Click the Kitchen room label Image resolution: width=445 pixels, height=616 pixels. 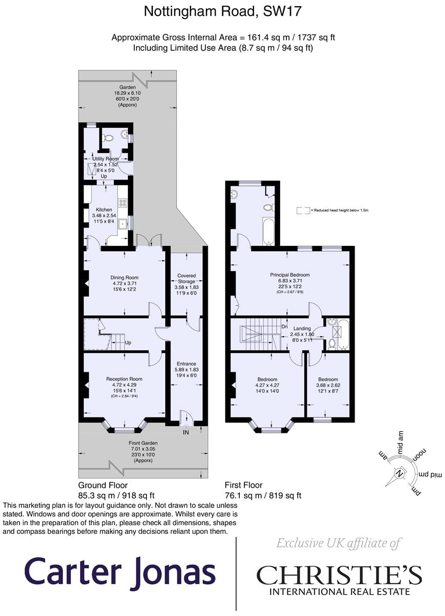click(x=104, y=209)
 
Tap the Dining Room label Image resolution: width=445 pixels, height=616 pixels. click(x=124, y=278)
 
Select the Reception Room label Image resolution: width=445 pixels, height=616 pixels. click(x=124, y=379)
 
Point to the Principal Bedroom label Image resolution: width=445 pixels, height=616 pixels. click(x=289, y=275)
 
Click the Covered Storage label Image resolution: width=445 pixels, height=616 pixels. click(x=186, y=278)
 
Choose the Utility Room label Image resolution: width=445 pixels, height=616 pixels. click(x=105, y=159)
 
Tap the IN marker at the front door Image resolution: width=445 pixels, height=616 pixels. click(x=186, y=432)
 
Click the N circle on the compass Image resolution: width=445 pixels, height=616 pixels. click(x=400, y=474)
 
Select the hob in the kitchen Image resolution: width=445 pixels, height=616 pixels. click(x=122, y=203)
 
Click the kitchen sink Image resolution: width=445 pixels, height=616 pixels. click(x=122, y=224)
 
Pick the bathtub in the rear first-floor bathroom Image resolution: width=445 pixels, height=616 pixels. click(x=268, y=232)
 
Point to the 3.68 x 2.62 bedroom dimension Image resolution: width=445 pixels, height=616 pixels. click(x=328, y=386)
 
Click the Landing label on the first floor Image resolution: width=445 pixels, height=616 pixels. click(x=302, y=329)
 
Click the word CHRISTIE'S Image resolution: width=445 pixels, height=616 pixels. click(x=339, y=575)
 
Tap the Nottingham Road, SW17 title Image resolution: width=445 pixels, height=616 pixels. click(x=223, y=11)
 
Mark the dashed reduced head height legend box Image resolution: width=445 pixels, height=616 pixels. click(x=303, y=210)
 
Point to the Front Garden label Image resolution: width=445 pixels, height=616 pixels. click(x=143, y=443)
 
